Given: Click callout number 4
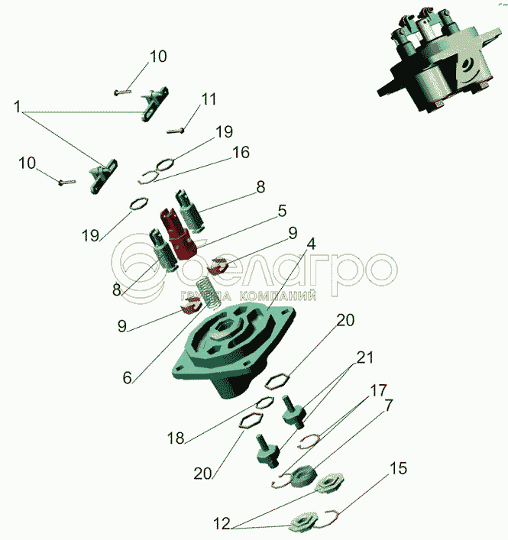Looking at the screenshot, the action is click(x=311, y=245).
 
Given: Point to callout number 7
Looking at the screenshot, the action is click(x=389, y=406).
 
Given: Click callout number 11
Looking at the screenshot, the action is click(x=209, y=99).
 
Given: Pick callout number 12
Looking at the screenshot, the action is click(x=222, y=524).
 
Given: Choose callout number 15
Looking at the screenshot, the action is click(x=399, y=467).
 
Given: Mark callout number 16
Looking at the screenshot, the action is click(x=241, y=152).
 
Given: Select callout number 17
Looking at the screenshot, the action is click(x=380, y=390).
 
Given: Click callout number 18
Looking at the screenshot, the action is click(x=176, y=438).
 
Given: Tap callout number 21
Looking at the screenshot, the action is click(x=365, y=357).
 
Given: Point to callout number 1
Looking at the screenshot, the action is click(x=17, y=108).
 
